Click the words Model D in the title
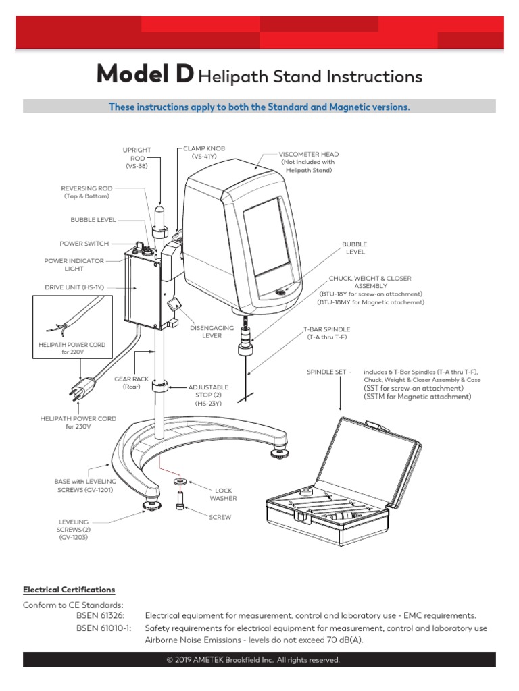145,76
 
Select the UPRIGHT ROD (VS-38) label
137,157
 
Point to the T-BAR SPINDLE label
326,333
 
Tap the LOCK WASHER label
223,495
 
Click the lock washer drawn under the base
180,482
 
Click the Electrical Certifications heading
69,589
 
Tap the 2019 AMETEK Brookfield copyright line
259,659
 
